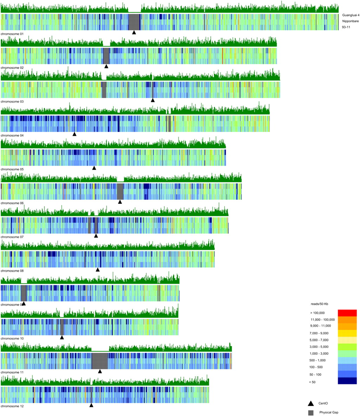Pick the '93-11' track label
(346, 27)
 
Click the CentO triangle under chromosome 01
(134, 32)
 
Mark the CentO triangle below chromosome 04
(74, 134)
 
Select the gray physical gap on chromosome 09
(24, 293)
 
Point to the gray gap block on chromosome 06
(120, 191)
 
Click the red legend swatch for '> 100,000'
(347, 313)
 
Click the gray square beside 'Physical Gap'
(311, 413)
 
